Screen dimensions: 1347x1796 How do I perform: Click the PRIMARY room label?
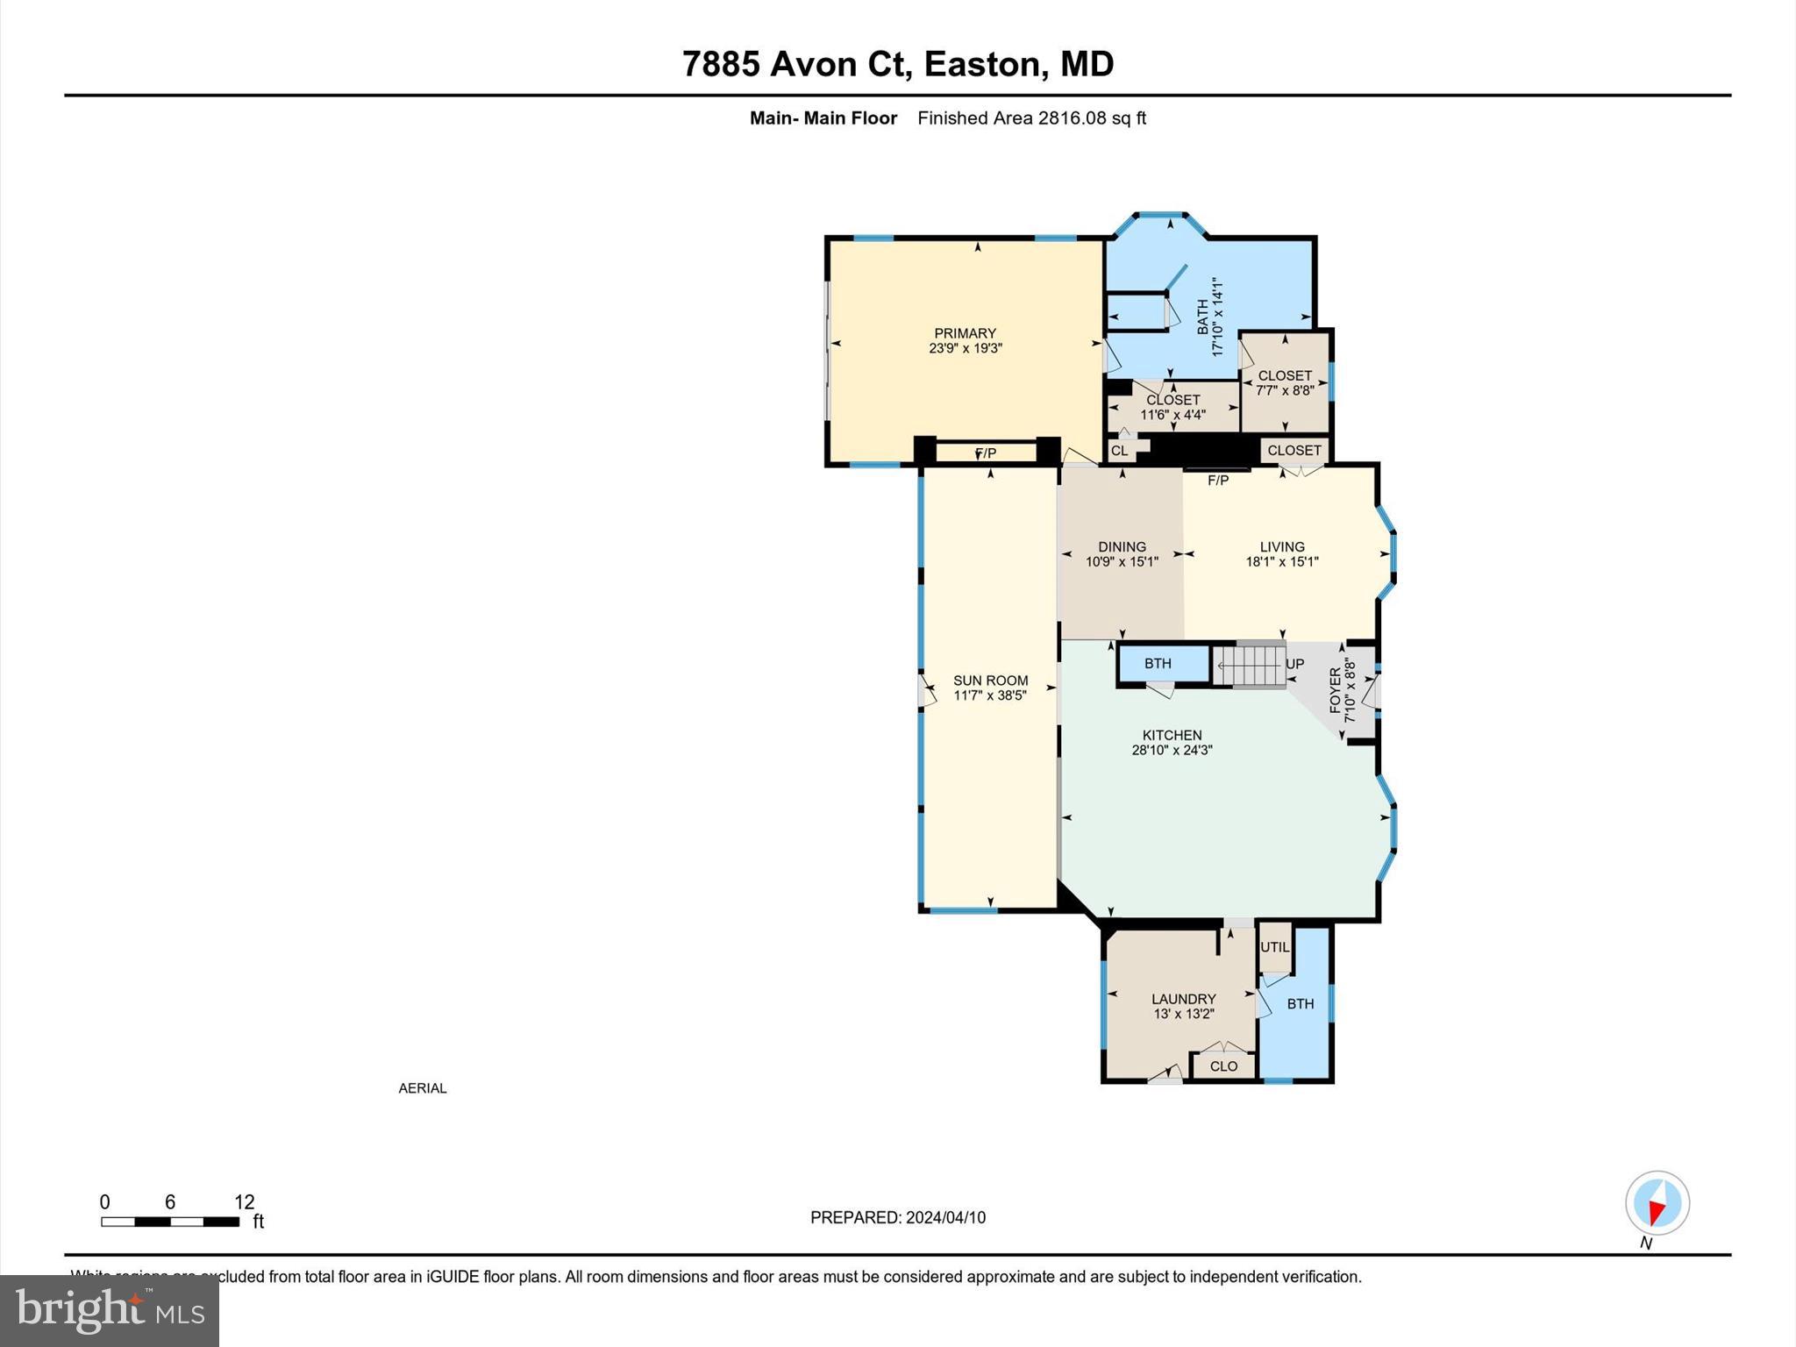tap(965, 333)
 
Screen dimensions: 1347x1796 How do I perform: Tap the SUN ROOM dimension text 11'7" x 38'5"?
tap(990, 695)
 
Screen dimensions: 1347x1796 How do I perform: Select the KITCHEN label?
tap(1172, 735)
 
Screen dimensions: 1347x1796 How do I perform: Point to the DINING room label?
tap(1122, 546)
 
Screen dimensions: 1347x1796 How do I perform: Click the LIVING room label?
tap(1282, 546)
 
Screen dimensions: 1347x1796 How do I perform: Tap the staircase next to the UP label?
tap(1249, 665)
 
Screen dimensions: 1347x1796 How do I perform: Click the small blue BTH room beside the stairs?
tap(1158, 664)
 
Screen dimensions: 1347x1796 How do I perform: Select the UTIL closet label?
tap(1274, 947)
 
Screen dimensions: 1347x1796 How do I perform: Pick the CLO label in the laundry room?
tap(1223, 1066)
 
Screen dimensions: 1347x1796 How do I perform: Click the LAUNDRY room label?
tap(1183, 999)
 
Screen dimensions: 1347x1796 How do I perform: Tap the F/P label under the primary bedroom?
tap(986, 453)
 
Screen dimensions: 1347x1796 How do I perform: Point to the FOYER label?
tap(1336, 690)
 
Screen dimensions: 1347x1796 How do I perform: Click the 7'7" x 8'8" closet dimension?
tap(1285, 390)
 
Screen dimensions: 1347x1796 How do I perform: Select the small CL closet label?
tap(1119, 451)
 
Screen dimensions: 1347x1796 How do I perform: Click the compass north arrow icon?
tap(1657, 1204)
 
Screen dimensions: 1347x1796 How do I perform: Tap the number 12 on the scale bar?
tap(244, 1202)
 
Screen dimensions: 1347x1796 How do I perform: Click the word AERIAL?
tap(423, 1088)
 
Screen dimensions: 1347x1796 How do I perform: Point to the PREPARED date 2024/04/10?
tap(945, 1217)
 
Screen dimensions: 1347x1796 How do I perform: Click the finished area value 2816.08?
tap(1072, 118)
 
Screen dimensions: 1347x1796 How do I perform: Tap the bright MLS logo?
tap(110, 1310)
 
